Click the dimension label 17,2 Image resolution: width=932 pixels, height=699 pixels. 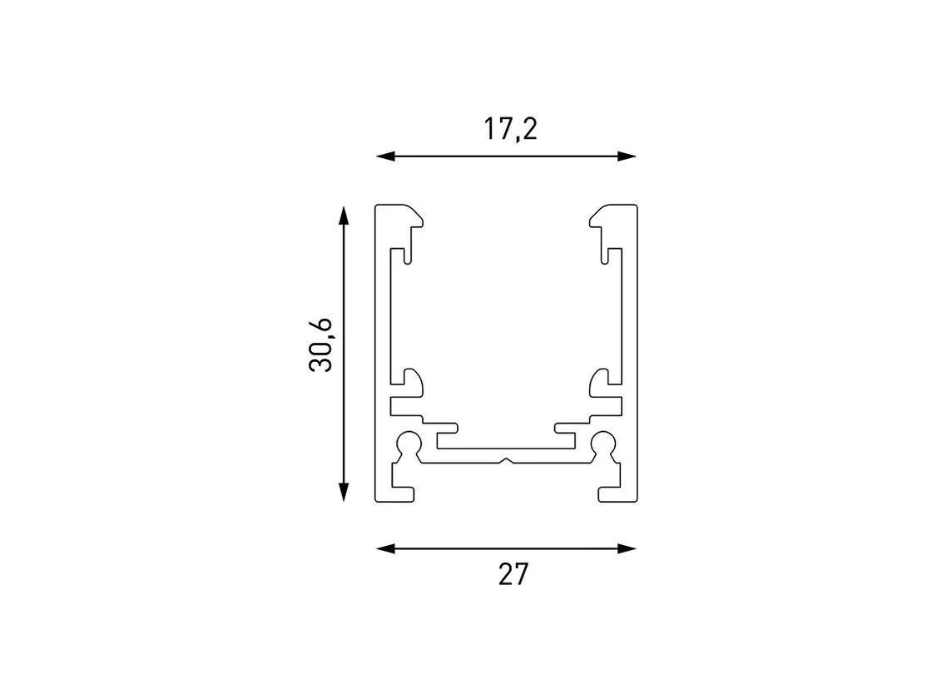(511, 130)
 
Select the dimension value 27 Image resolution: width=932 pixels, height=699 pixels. (513, 574)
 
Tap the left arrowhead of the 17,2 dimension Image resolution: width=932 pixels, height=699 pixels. (385, 156)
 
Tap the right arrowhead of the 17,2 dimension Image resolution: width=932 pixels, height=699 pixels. (627, 156)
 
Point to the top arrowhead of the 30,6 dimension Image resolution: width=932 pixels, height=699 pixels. (343, 216)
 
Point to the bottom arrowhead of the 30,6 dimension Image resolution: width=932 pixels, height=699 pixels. (343, 492)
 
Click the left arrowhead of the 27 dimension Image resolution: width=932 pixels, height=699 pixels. (385, 548)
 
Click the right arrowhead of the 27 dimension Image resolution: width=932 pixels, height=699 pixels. (627, 548)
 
